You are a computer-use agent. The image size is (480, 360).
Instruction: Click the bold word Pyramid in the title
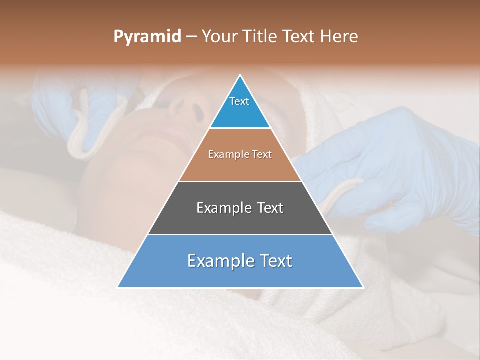coord(147,37)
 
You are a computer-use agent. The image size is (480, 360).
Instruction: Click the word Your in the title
coord(219,37)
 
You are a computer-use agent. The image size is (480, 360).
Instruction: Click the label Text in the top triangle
coord(239,101)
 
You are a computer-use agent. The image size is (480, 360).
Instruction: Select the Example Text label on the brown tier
coord(240,155)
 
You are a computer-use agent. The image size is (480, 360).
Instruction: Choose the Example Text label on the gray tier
coord(240,208)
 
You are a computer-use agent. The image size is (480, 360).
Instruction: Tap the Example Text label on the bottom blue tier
coord(240,261)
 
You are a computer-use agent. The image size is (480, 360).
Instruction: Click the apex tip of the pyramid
coord(240,75)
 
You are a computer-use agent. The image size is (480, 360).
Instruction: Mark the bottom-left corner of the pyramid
coord(118,287)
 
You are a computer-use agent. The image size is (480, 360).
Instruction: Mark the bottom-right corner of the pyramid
coord(363,287)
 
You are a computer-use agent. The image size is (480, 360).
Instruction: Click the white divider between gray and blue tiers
coord(240,234)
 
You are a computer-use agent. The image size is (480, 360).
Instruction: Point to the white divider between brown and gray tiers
coord(240,181)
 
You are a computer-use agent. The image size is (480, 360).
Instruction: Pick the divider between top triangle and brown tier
coord(240,128)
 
